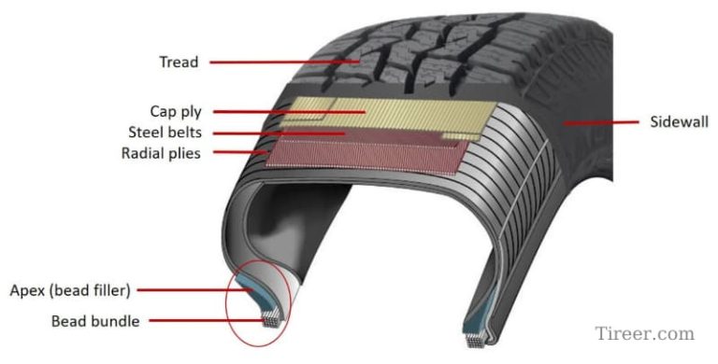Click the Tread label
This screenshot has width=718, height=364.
tap(179, 63)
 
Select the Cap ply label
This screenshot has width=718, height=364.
tap(175, 111)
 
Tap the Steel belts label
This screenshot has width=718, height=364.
tap(165, 132)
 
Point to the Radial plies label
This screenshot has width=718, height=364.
tap(161, 152)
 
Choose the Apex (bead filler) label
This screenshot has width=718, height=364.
tap(69, 288)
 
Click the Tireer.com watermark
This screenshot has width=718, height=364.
tap(644, 333)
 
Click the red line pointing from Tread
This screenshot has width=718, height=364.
tap(280, 63)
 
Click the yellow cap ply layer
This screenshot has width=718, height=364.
tap(393, 117)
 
